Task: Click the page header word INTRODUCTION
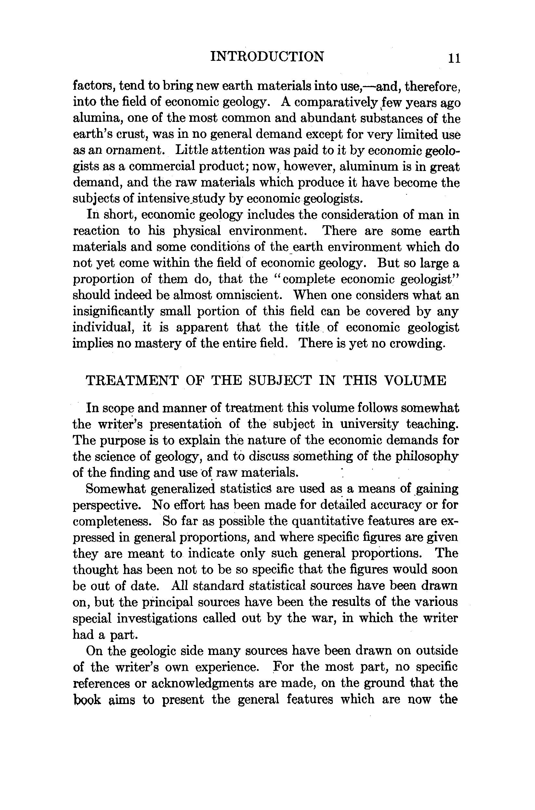point(267,56)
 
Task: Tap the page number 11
point(454,58)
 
